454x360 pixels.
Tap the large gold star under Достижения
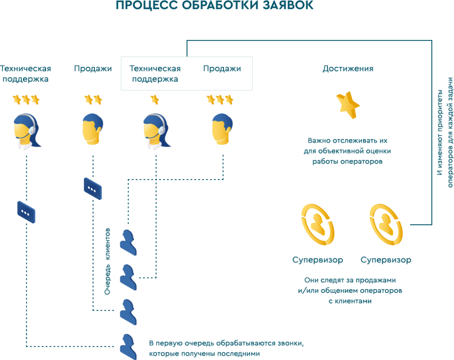click(x=348, y=105)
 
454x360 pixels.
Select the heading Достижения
click(x=348, y=69)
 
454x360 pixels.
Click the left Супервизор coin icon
click(x=317, y=225)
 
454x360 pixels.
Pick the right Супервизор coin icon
click(x=386, y=225)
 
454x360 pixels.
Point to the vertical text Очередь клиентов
click(x=107, y=262)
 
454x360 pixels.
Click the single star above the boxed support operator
click(x=155, y=100)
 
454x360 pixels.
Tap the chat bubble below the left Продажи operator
click(x=93, y=188)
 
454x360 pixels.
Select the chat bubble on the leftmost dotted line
click(x=26, y=212)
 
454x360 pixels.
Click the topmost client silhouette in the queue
click(x=128, y=243)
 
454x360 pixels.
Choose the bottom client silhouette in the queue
click(x=128, y=347)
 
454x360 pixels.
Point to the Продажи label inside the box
click(x=222, y=69)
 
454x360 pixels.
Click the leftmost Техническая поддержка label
click(x=25, y=74)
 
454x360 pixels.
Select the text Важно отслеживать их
click(x=348, y=141)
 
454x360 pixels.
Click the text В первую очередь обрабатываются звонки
click(x=227, y=344)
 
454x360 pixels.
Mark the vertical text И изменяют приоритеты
click(x=440, y=132)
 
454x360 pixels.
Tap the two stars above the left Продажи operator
click(x=93, y=100)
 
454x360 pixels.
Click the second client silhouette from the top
click(x=128, y=277)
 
